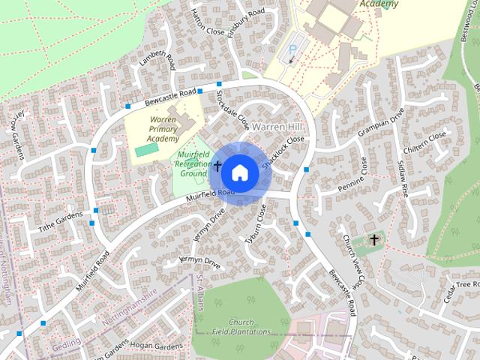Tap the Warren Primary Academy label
(x=163, y=129)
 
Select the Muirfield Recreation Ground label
(x=192, y=163)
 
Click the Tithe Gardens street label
(x=60, y=218)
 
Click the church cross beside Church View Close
(x=373, y=240)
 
